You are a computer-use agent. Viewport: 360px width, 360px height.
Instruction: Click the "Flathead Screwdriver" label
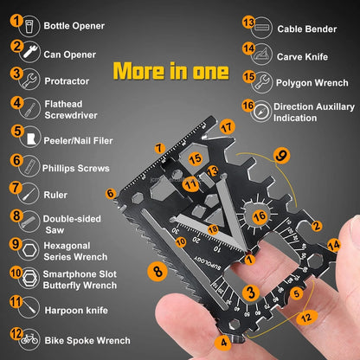tap(70, 107)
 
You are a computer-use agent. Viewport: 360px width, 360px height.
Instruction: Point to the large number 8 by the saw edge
tap(157, 271)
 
